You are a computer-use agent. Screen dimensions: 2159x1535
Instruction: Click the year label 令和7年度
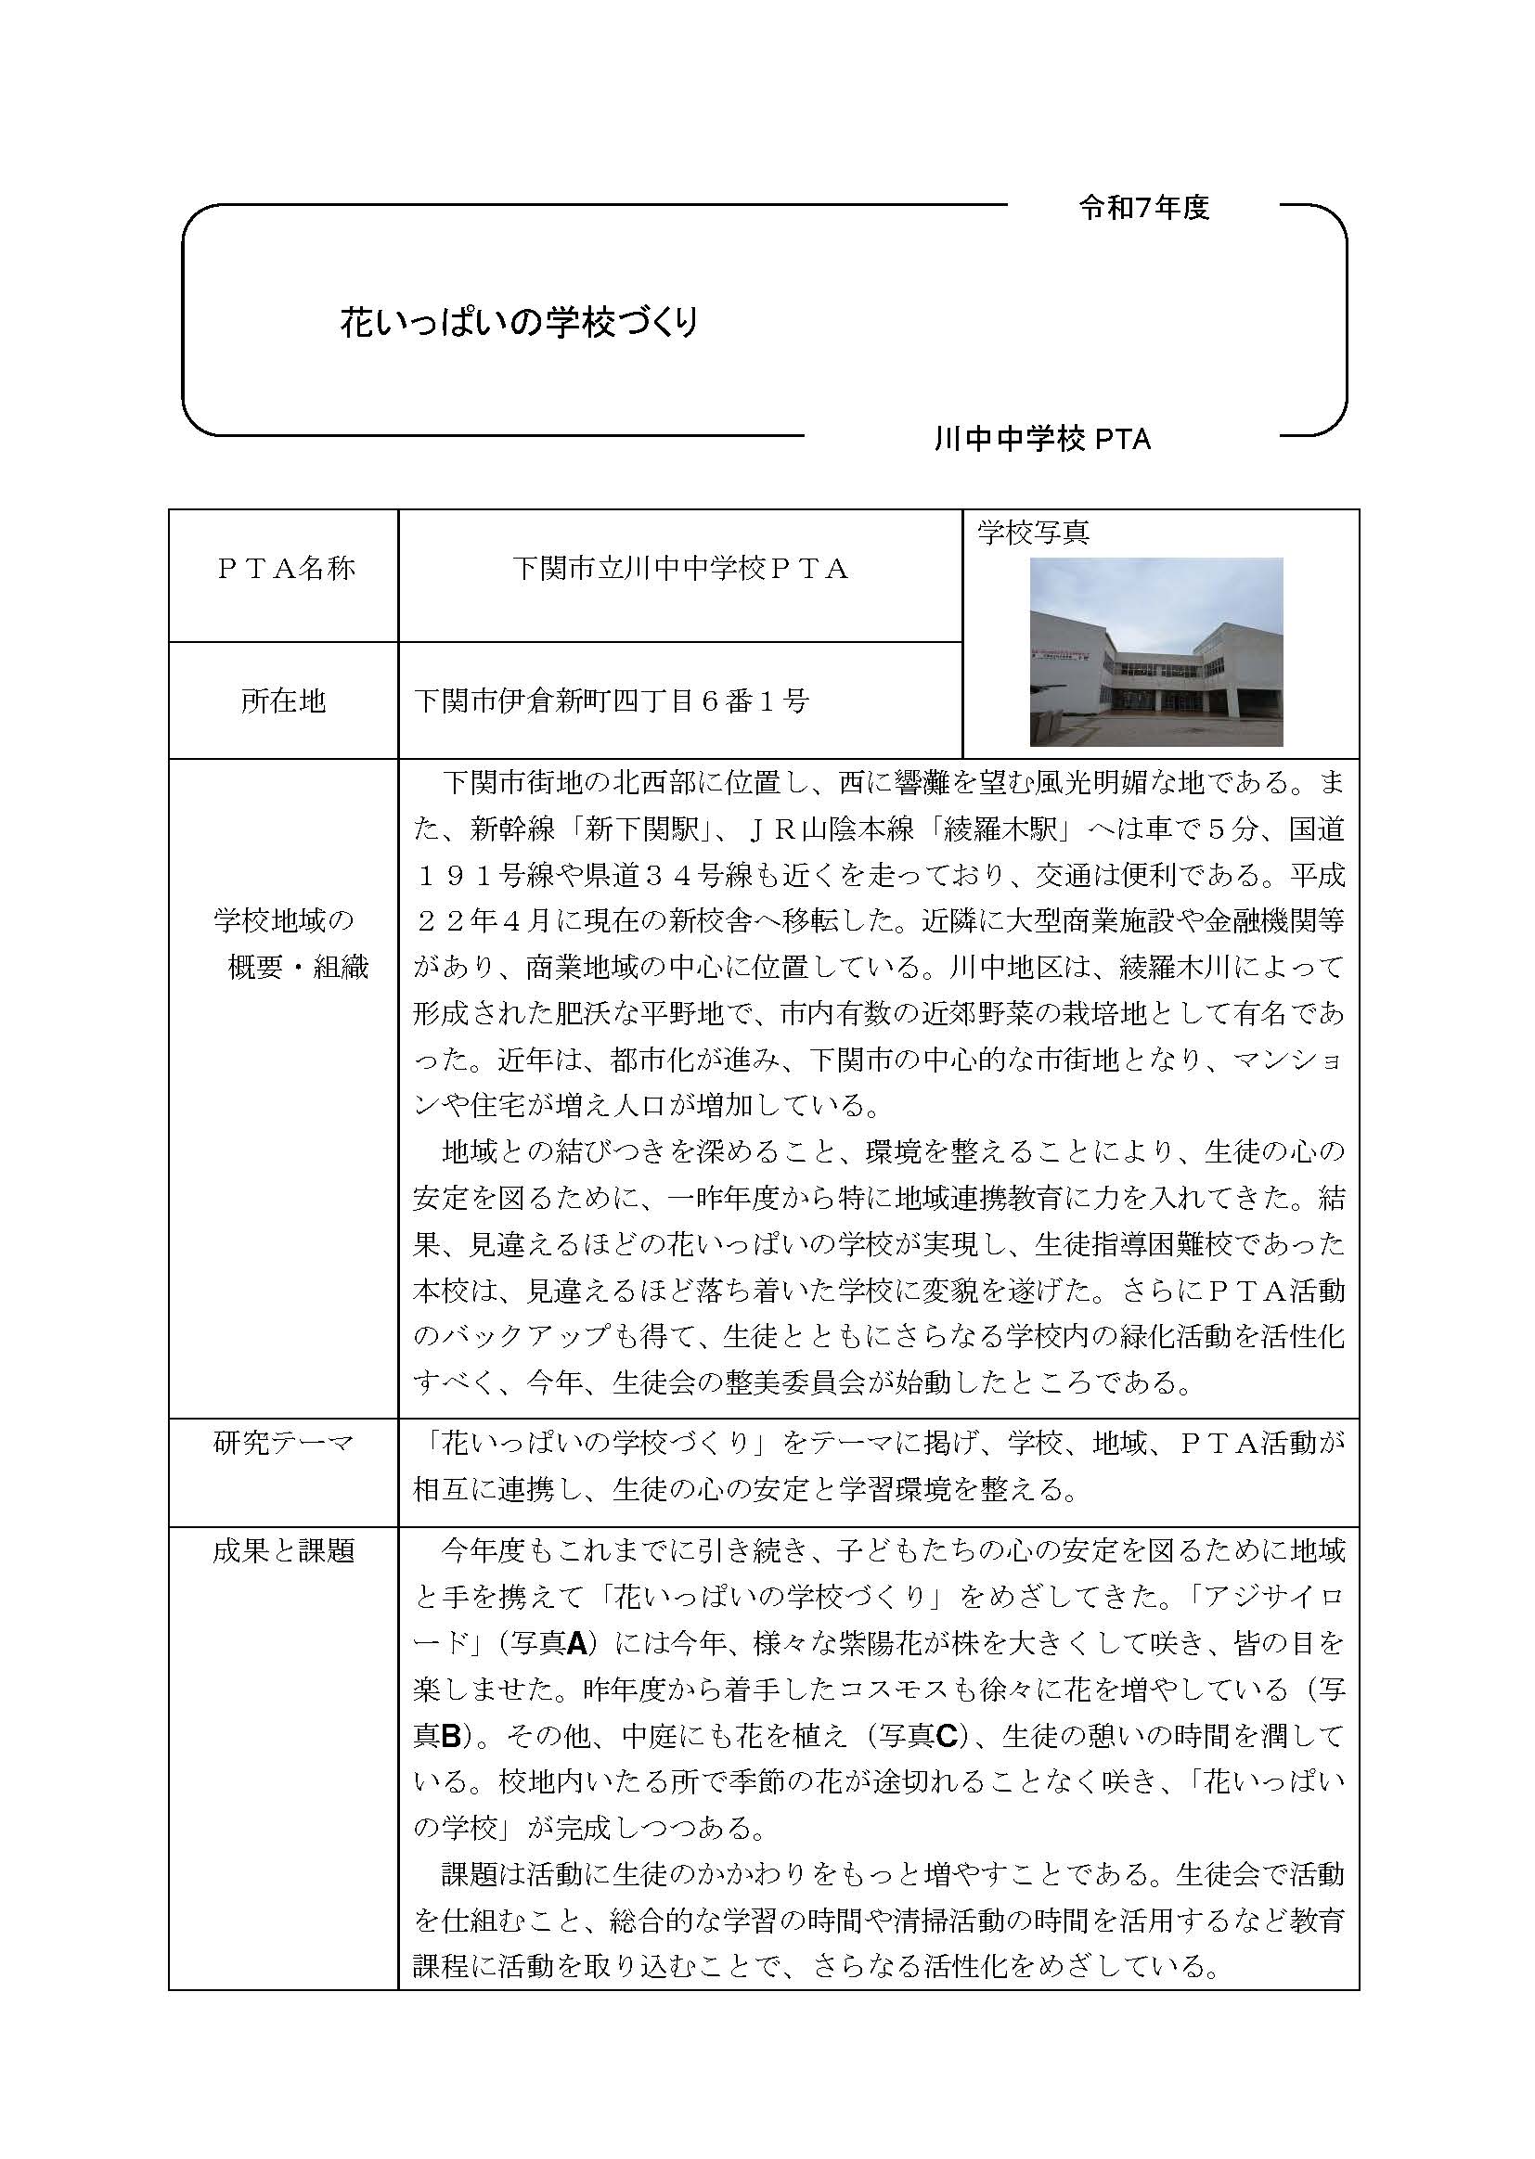1143,209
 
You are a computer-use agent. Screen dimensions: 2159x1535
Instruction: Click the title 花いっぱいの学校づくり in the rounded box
519,324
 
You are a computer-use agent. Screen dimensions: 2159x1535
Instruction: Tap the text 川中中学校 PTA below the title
1041,441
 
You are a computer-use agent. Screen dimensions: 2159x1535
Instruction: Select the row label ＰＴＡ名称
285,568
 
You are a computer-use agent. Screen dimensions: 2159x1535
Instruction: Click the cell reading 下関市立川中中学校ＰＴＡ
679,568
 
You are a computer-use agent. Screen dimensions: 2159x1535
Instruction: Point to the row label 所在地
284,701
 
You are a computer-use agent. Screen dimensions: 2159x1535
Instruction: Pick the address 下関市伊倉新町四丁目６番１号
612,701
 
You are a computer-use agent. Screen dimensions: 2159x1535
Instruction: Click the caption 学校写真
1033,533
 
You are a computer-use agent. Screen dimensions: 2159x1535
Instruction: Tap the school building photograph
1156,652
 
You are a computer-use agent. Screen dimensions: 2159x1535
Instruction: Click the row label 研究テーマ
284,1443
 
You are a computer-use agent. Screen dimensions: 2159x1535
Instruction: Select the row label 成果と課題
284,1551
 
